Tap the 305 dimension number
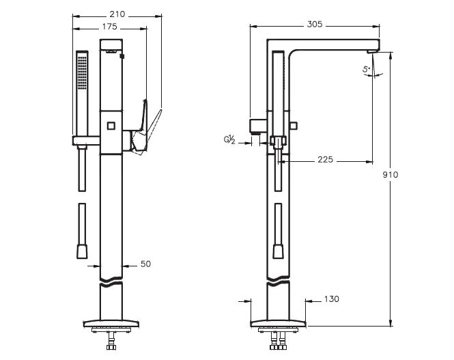[315, 24]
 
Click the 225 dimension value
[326, 160]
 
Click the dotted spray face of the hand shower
[83, 70]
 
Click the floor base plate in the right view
[279, 322]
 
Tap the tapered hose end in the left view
[83, 253]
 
